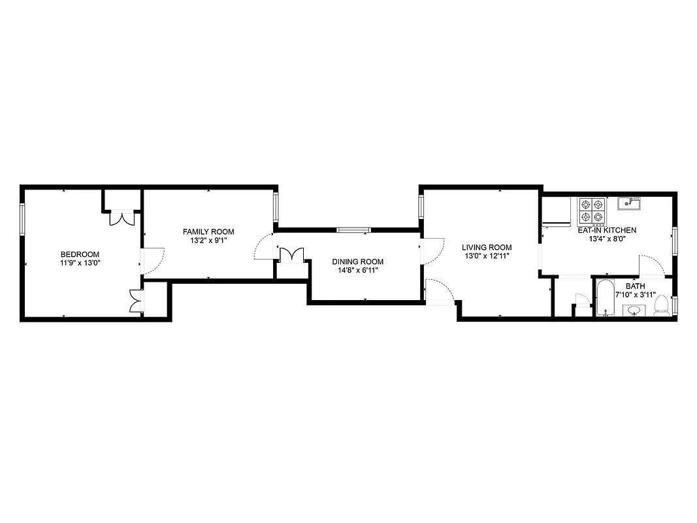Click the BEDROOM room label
(x=80, y=254)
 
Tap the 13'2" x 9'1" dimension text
(x=208, y=240)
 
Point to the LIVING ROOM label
(x=487, y=247)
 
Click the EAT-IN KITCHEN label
(x=607, y=230)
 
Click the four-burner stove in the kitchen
(x=591, y=210)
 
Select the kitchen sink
(x=631, y=204)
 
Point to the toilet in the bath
(x=662, y=305)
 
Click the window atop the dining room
(x=353, y=229)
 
